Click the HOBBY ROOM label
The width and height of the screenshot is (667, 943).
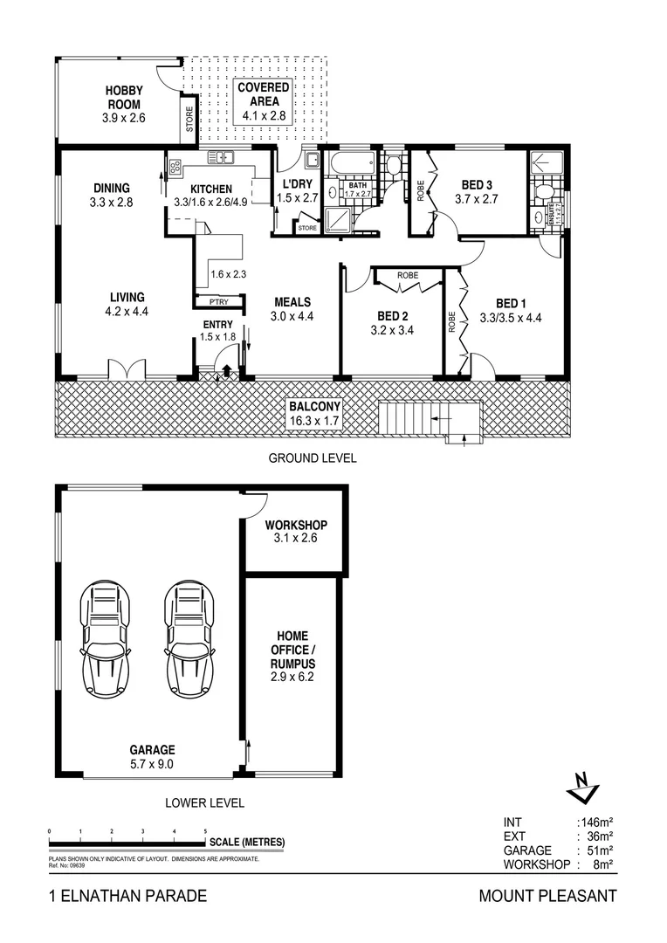point(124,98)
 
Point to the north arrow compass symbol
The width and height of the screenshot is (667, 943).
point(580,787)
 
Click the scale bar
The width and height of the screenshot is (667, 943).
point(127,842)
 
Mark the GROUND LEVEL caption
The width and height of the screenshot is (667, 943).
point(312,458)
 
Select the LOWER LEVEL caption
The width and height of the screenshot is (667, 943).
point(204,802)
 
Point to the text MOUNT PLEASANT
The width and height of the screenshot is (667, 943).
point(547,896)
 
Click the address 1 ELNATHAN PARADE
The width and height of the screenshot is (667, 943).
point(127,896)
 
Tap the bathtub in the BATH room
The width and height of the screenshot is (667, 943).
point(351,162)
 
